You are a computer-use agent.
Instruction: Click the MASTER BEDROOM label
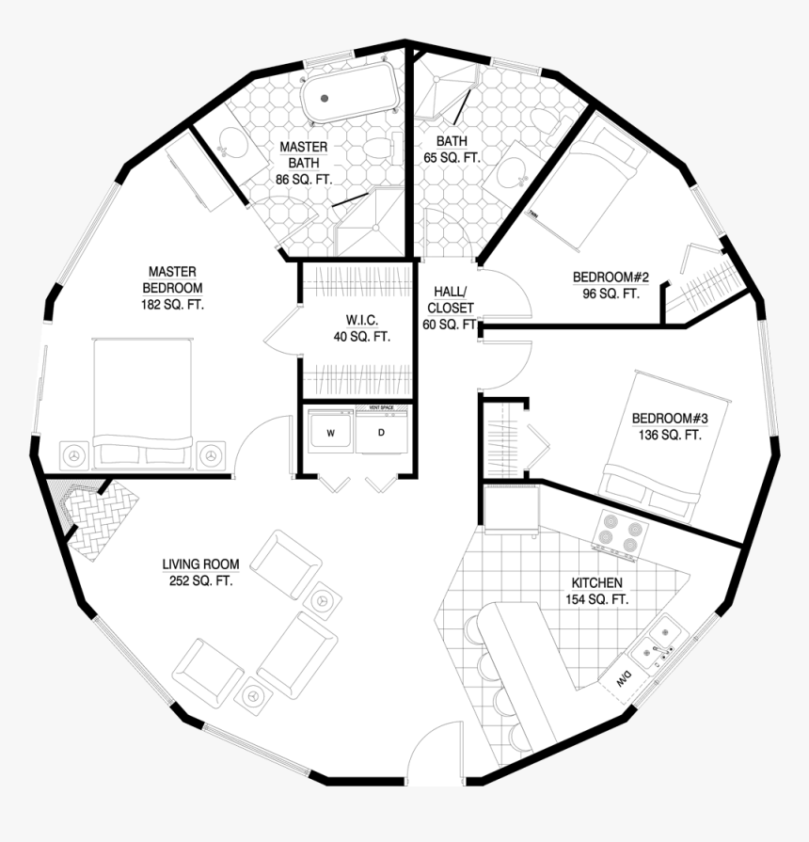pyautogui.click(x=172, y=287)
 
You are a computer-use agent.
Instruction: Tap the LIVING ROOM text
pyautogui.click(x=200, y=572)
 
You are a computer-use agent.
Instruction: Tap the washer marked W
pyautogui.click(x=330, y=433)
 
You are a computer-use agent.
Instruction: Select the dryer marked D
pyautogui.click(x=382, y=433)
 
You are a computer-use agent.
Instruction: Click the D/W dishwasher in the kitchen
pyautogui.click(x=624, y=680)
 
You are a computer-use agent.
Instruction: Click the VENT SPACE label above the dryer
pyautogui.click(x=381, y=406)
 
